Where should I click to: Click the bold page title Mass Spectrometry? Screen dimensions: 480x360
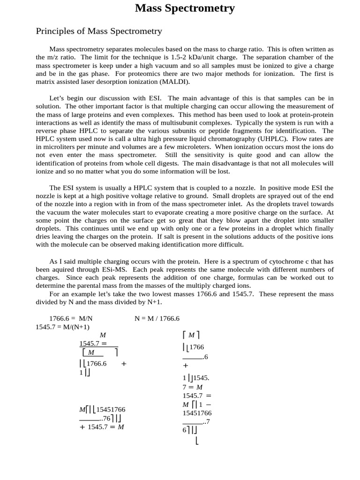coord(185,8)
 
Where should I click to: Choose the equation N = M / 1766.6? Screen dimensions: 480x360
coord(157,319)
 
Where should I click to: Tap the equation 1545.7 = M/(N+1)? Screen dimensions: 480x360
coord(62,327)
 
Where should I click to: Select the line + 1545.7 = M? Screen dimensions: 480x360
coord(102,427)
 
